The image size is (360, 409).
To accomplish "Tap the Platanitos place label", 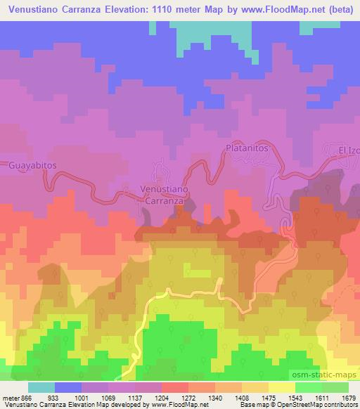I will [247, 148].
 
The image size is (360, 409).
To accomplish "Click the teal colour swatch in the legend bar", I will [41, 387].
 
